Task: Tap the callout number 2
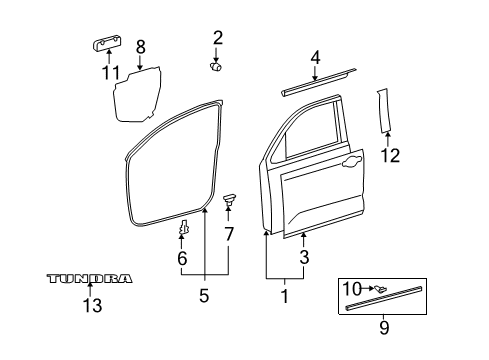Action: point(217,39)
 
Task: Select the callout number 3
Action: point(304,257)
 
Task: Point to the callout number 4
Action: point(316,58)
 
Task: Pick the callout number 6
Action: point(182,258)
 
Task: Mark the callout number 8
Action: point(140,46)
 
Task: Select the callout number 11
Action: point(108,72)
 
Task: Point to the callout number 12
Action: point(391,155)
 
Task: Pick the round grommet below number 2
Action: point(216,67)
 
